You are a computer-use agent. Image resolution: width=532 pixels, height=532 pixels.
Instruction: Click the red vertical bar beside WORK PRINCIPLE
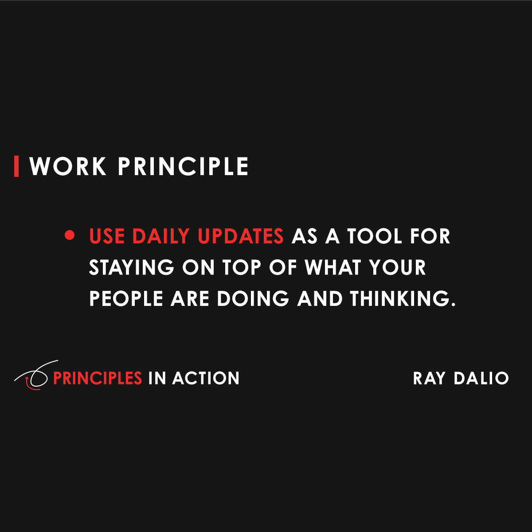tap(16, 166)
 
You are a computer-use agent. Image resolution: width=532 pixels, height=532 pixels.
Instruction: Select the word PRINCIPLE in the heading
tap(183, 167)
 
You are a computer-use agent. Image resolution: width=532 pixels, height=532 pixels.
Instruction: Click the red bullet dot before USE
tap(69, 235)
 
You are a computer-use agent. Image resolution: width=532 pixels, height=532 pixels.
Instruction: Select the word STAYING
tap(132, 267)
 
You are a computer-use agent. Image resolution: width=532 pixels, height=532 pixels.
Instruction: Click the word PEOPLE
tap(126, 298)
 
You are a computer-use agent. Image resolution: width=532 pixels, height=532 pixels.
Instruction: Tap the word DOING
tap(253, 298)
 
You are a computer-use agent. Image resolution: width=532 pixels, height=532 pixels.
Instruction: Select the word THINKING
tap(403, 298)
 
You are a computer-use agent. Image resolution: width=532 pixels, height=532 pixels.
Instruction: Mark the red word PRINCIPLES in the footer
tap(98, 378)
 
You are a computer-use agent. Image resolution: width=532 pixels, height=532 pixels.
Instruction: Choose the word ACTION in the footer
tap(206, 378)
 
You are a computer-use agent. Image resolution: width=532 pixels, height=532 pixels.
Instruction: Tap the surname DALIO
tap(481, 378)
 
